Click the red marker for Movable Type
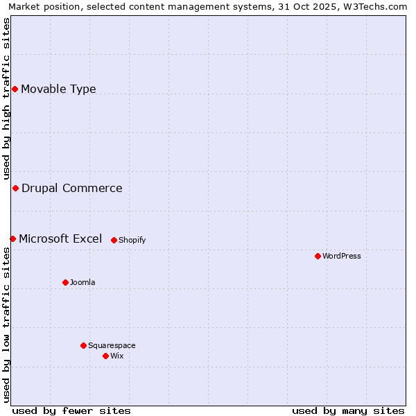pos(15,89)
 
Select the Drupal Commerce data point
pos(15,188)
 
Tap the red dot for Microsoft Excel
pos(12,239)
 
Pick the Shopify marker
pos(114,240)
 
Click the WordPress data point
pos(318,256)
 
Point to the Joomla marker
pos(65,282)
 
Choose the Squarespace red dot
pos(83,345)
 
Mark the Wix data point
pos(105,356)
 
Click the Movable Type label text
pos(58,89)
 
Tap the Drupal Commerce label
pos(71,188)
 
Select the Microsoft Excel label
pos(60,239)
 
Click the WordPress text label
pos(342,256)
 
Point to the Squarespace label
pos(112,345)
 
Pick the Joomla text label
pos(83,282)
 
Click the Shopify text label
pos(132,240)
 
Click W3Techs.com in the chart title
pos(377,6)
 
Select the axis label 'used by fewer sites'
pos(71,410)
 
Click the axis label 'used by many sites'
pos(348,410)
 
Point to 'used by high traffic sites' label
pos(6,97)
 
